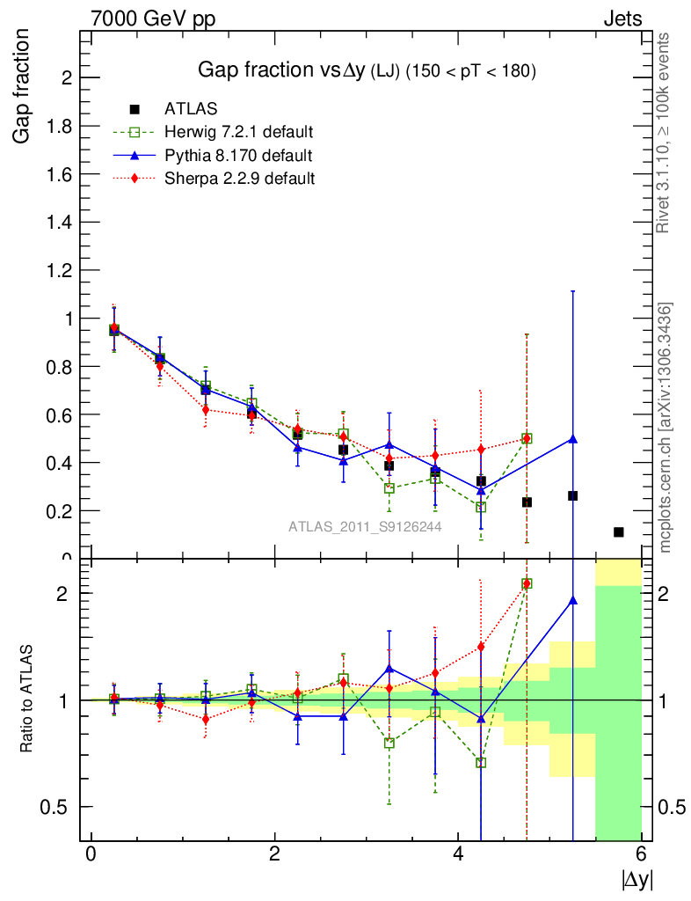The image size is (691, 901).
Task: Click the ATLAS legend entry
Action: pyautogui.click(x=191, y=109)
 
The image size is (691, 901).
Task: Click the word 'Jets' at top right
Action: pyautogui.click(x=622, y=18)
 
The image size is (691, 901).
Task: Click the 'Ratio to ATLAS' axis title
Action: pyautogui.click(x=25, y=701)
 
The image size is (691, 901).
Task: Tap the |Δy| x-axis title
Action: pyautogui.click(x=638, y=878)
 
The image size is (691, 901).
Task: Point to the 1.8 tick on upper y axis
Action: pyautogui.click(x=58, y=126)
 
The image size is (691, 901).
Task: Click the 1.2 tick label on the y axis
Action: pyautogui.click(x=58, y=270)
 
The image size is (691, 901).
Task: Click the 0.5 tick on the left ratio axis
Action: pyautogui.click(x=58, y=807)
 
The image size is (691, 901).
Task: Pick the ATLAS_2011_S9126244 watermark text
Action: pyautogui.click(x=365, y=527)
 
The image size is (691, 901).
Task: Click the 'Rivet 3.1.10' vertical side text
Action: pyautogui.click(x=664, y=132)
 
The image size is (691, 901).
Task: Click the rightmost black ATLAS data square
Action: pyautogui.click(x=619, y=532)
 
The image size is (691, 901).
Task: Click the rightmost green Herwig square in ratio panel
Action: pyautogui.click(x=527, y=583)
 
